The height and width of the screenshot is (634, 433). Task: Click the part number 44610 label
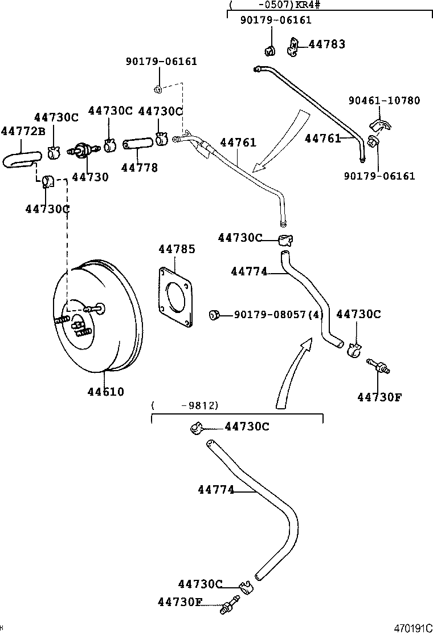(x=105, y=392)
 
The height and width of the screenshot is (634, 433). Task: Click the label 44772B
(x=23, y=132)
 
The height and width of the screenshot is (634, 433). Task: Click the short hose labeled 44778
(x=137, y=143)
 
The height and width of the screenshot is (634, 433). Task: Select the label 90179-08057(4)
(x=279, y=315)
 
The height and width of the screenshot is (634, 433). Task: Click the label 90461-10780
(x=384, y=101)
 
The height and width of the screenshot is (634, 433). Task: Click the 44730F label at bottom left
(x=181, y=602)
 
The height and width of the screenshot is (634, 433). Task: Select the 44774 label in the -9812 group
(x=216, y=489)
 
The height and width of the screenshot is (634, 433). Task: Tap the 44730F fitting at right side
(x=378, y=367)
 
